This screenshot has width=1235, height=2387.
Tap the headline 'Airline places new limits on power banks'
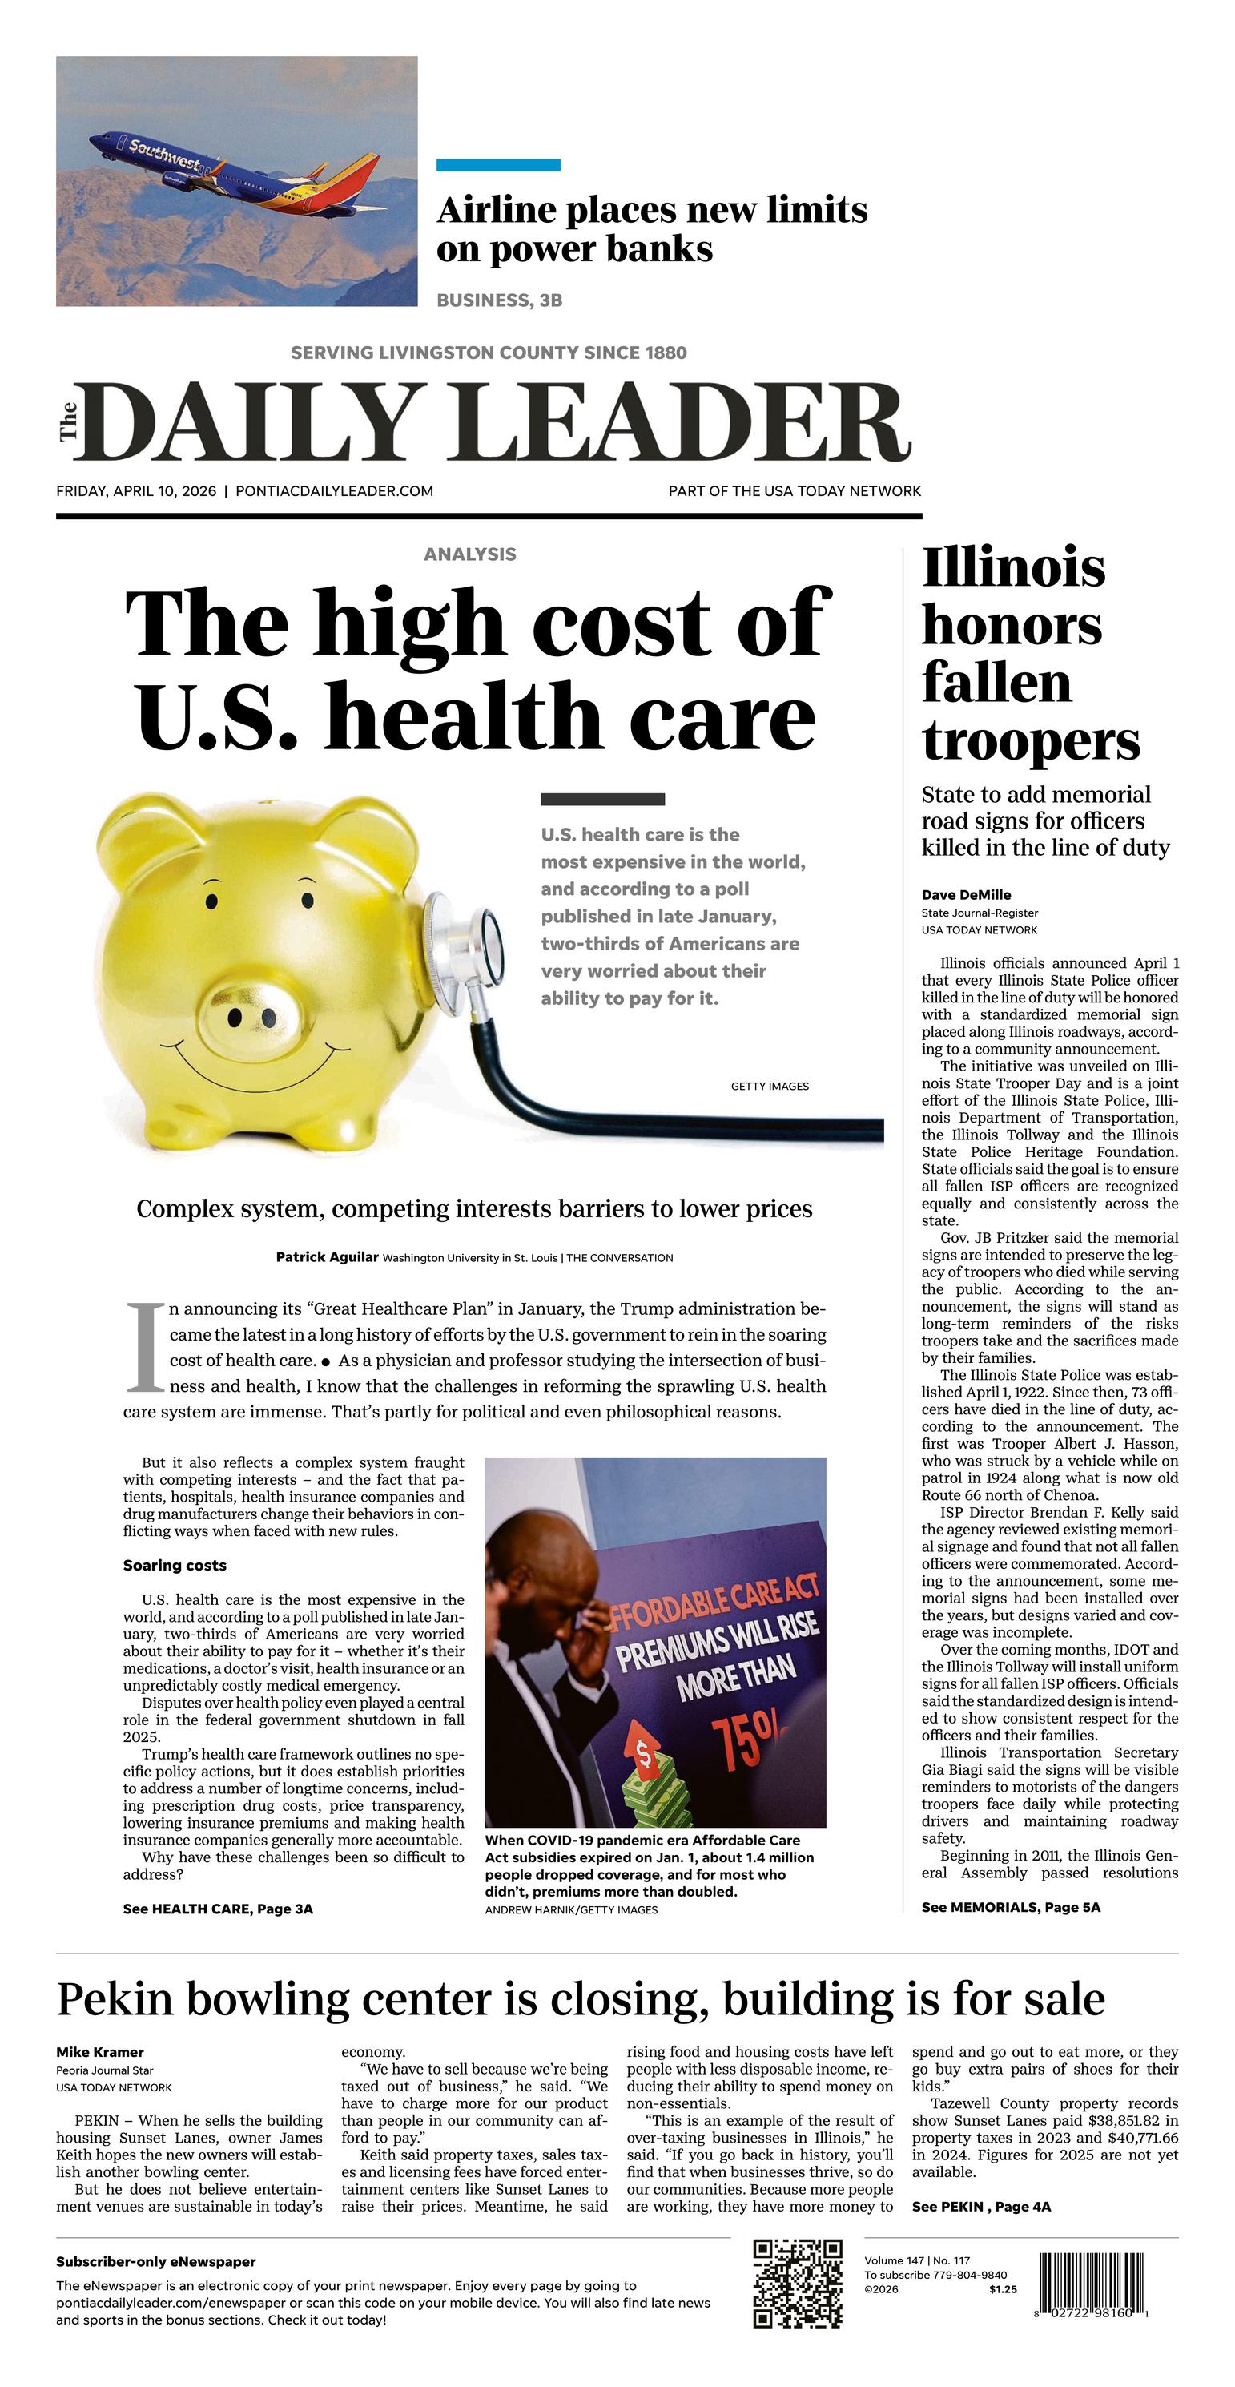point(651,229)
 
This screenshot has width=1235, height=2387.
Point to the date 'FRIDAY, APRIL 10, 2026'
point(136,491)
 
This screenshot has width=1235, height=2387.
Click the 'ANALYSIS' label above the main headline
point(469,554)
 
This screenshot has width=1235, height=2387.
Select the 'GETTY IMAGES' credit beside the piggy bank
point(769,1086)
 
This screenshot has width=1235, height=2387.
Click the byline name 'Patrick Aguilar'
point(327,1257)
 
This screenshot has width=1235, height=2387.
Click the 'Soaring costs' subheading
point(174,1565)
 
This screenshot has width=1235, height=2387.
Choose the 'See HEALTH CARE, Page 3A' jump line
point(218,1909)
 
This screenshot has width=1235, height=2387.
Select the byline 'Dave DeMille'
point(965,894)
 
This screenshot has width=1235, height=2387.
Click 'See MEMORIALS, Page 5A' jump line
point(1010,1907)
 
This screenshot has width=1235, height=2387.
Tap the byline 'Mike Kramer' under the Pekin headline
point(100,2053)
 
